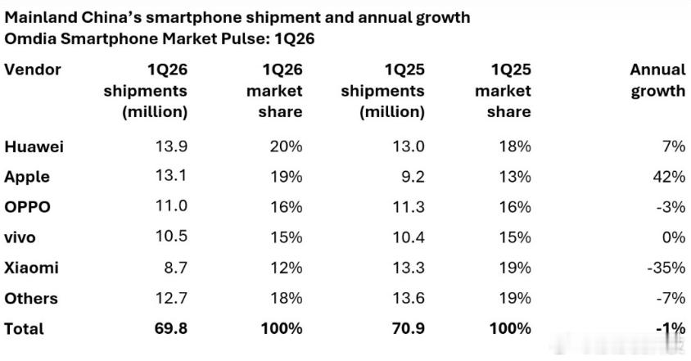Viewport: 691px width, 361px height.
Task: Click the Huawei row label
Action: tap(34, 147)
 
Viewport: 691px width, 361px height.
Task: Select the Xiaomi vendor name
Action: tap(31, 268)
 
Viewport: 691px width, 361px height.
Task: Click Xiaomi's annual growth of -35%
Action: tap(665, 268)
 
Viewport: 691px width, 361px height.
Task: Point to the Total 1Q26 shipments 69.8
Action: tap(171, 329)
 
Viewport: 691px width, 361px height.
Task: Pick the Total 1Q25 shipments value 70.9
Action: tap(408, 329)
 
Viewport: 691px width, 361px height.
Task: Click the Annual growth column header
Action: tap(657, 80)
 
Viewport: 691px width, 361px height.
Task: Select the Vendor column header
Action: tap(33, 70)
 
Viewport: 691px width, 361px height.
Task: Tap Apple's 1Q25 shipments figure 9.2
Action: tap(413, 177)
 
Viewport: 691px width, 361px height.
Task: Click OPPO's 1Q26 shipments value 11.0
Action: tap(171, 207)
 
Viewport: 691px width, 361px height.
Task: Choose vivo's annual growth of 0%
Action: tap(673, 237)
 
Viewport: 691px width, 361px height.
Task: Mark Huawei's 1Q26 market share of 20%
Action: tap(286, 147)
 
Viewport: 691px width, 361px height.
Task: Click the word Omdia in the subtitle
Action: tap(29, 38)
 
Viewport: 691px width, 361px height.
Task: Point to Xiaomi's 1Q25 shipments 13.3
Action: tap(408, 268)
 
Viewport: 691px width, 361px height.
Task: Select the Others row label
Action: tap(31, 299)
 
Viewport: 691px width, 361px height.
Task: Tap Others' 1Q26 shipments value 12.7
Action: tap(171, 299)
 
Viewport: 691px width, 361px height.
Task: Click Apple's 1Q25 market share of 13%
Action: tap(515, 177)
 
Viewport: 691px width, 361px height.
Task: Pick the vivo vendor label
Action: tap(20, 237)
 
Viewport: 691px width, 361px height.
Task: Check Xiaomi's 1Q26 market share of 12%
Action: tap(286, 268)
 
